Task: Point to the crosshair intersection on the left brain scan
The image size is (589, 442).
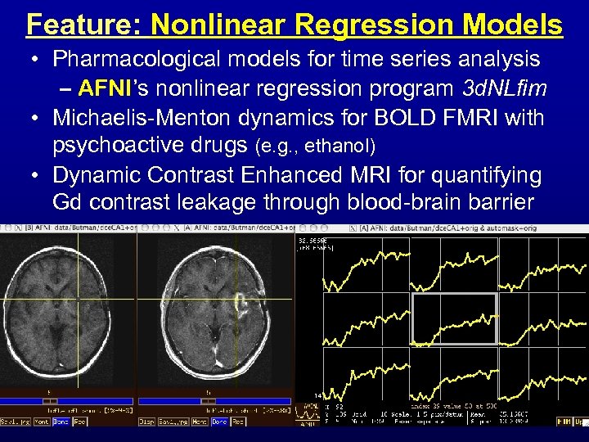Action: [78, 298]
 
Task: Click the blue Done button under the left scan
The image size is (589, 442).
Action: [61, 422]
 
